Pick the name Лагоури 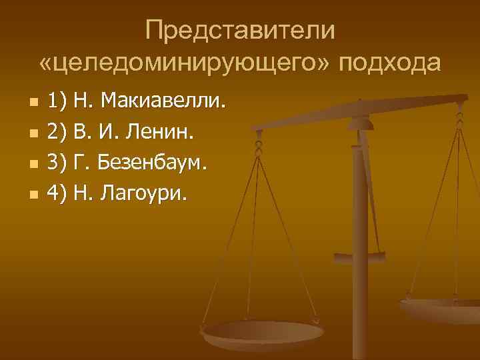145,194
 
